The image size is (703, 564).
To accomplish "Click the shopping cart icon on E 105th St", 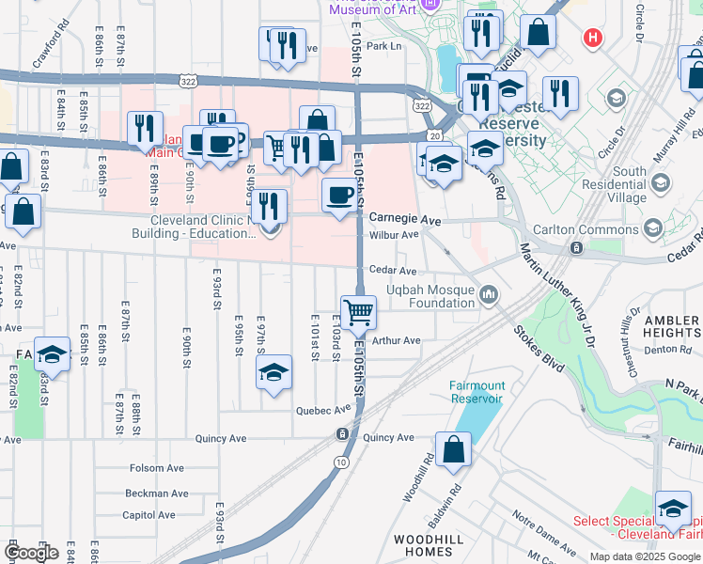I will click(358, 311).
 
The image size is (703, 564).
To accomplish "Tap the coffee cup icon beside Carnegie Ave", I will click(339, 196).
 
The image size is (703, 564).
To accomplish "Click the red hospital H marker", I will click(592, 39).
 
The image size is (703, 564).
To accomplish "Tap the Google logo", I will click(31, 553).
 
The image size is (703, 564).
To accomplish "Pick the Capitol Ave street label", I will click(149, 515).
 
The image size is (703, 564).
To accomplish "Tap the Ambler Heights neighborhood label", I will click(672, 327).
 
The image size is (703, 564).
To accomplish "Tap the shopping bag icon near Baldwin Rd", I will click(454, 449).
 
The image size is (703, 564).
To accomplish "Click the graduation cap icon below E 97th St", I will click(274, 372).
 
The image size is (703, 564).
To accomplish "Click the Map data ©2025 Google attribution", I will click(645, 556).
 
